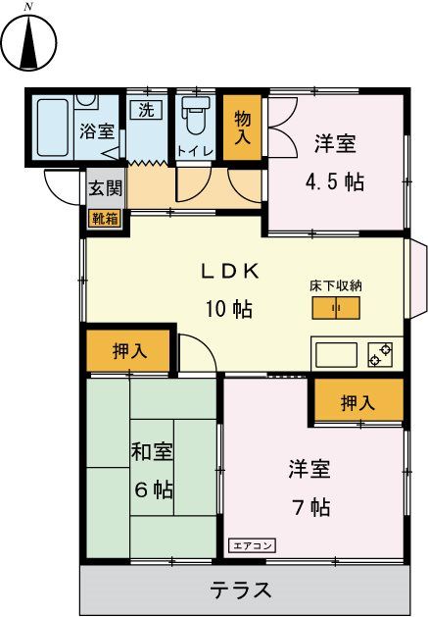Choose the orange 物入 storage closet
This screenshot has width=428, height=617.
(242, 127)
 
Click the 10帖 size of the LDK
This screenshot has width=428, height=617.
(229, 309)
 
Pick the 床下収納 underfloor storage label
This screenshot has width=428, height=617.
(336, 285)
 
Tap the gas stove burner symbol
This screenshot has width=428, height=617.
(380, 353)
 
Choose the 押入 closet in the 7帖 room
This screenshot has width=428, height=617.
(357, 401)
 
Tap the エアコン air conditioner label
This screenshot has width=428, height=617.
(254, 544)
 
